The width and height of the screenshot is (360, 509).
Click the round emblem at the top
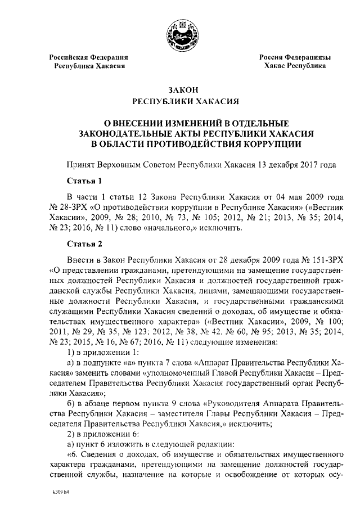(179, 34)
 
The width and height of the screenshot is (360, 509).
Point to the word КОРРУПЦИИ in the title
(269, 143)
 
